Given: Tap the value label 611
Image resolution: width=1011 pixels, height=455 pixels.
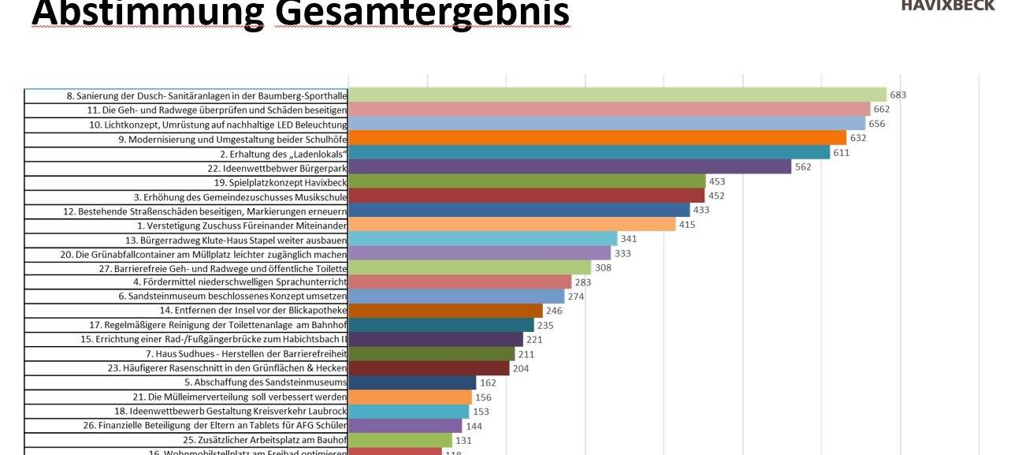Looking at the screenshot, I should [842, 153].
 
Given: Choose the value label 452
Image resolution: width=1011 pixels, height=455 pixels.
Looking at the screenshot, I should [716, 196].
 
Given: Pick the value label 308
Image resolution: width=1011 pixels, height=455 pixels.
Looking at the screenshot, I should [603, 268].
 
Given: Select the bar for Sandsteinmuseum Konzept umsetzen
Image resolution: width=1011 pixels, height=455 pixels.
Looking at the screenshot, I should [456, 296].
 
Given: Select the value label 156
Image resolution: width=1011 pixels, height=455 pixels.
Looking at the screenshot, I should [483, 397].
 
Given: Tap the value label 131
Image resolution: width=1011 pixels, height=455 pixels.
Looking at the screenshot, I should [464, 441].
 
